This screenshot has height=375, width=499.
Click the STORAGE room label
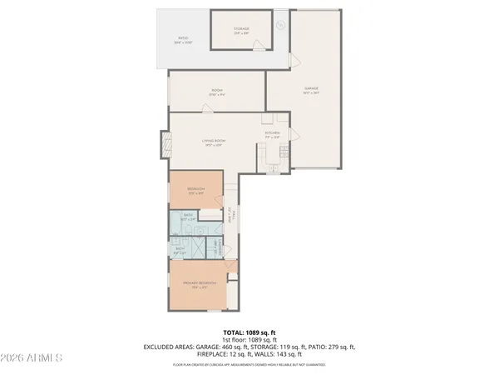pyautogui.click(x=241, y=29)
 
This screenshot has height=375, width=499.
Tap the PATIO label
pyautogui.click(x=183, y=39)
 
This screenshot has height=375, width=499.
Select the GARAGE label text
pyautogui.click(x=311, y=89)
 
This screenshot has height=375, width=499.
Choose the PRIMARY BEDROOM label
pyautogui.click(x=200, y=283)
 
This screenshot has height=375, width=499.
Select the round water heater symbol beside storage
pyautogui.click(x=281, y=26)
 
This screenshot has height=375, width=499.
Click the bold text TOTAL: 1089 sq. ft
pyautogui.click(x=249, y=332)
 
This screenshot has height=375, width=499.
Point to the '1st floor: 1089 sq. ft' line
pyautogui.click(x=249, y=339)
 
